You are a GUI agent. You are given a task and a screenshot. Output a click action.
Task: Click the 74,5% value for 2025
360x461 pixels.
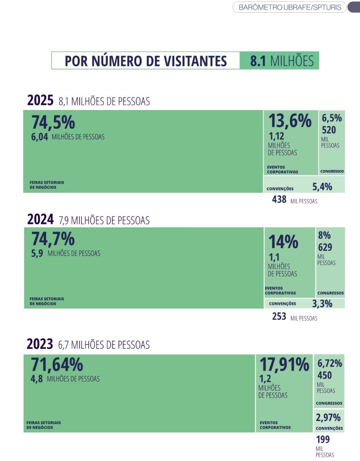pos(53,123)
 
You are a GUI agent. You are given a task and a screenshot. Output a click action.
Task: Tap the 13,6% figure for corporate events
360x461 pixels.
pos(289,121)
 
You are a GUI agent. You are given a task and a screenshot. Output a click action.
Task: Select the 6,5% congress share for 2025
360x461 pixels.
pos(332,118)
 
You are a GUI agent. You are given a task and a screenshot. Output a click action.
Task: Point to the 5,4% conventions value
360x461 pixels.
pos(322,186)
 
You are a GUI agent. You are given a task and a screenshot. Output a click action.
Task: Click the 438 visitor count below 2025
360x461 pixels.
pos(279,199)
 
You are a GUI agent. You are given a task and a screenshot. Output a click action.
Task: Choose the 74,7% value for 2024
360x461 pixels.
pos(53,239)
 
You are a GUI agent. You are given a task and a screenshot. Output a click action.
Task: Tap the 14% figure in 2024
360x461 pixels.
pos(283,242)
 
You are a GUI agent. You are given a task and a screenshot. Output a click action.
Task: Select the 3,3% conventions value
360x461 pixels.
pos(322,303)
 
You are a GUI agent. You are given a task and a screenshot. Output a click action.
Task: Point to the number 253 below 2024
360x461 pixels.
pos(279,316)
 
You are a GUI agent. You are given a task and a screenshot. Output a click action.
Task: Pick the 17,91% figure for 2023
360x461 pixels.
pos(284,364)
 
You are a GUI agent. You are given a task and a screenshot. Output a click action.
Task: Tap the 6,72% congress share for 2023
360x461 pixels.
pos(330,363)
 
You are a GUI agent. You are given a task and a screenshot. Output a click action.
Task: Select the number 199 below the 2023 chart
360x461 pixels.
pos(323,440)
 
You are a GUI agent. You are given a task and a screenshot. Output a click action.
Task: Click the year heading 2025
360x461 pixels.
pos(41,100)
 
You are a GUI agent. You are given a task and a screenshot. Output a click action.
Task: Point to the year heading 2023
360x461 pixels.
pos(40,344)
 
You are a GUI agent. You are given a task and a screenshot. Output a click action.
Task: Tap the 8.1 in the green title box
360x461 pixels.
pos(258,61)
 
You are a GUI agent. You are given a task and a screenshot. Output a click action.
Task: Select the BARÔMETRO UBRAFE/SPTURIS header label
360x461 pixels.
pos(289,7)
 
